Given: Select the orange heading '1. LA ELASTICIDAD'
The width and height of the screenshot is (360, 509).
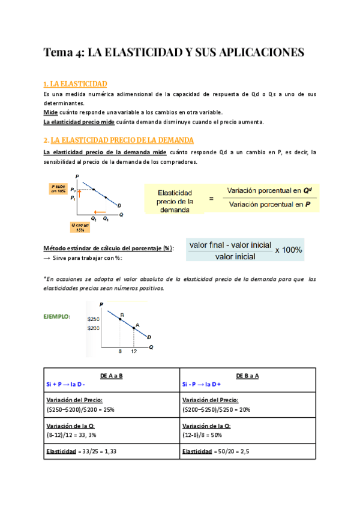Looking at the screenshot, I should click(76, 83).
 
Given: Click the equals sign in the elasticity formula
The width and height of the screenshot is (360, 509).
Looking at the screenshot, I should click(211, 197).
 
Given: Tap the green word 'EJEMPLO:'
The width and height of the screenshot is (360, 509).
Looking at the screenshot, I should click(58, 316).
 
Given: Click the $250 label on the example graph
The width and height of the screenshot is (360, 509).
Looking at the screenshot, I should click(94, 319).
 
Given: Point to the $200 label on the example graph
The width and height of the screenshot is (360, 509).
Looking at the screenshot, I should click(94, 328).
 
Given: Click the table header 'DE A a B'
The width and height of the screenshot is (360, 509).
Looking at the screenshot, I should click(112, 376).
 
